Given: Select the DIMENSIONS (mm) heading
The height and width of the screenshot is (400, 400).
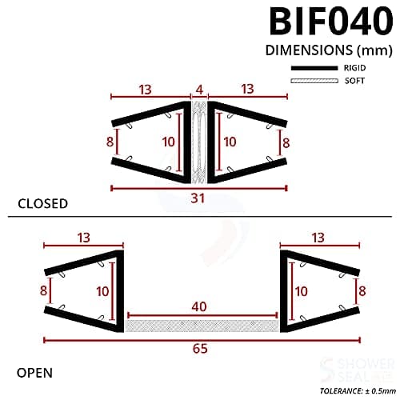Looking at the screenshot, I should [x=321, y=50].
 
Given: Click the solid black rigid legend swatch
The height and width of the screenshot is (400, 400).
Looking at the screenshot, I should [x=312, y=69].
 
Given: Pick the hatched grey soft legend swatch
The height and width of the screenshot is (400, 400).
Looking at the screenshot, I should [x=312, y=82].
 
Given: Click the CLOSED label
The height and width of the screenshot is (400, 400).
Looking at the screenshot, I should [x=43, y=203].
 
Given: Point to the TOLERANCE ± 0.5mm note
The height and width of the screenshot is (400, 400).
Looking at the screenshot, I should [x=354, y=392].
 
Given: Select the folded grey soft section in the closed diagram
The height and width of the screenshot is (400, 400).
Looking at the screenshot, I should [x=199, y=141].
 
